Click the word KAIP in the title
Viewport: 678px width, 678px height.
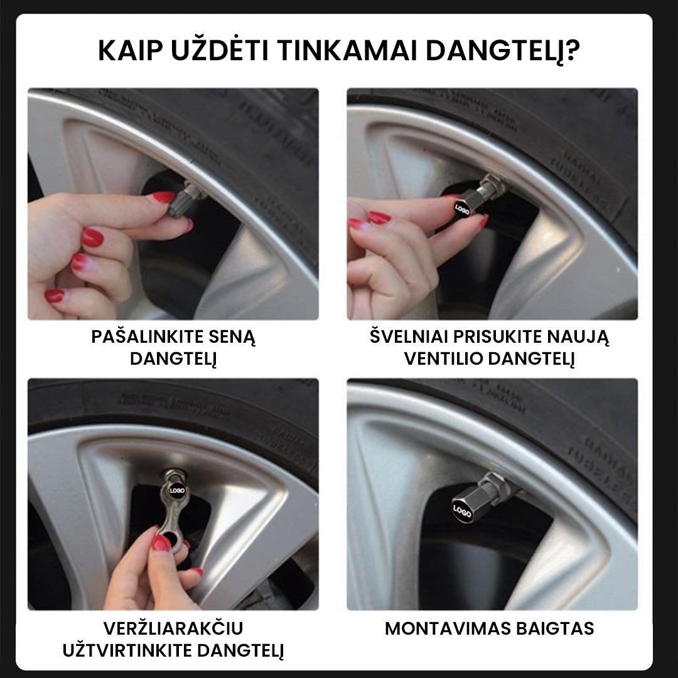[130, 51]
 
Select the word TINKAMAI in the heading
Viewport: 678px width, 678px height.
[347, 51]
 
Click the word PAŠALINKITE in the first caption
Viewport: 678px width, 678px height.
[147, 337]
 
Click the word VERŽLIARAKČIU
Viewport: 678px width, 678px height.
[173, 628]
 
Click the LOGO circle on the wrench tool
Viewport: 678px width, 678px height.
[176, 490]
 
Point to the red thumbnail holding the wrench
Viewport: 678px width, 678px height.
[161, 543]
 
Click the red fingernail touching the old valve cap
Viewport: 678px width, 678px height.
[163, 198]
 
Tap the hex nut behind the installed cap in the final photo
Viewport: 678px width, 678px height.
[498, 483]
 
